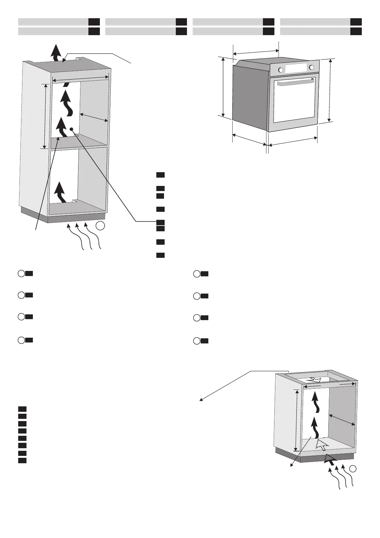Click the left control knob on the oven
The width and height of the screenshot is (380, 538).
281,70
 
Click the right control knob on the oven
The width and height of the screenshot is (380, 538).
311,67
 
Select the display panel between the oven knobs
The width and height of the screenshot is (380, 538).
296,68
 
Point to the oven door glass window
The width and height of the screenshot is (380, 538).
294,102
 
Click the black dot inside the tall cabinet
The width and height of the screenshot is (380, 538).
71,129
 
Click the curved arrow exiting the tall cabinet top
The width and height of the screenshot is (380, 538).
56,52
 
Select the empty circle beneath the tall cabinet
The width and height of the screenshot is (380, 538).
100,226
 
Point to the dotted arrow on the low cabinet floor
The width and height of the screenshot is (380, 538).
321,444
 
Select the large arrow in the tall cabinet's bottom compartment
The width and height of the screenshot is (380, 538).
60,192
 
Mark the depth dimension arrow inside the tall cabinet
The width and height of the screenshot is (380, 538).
94,117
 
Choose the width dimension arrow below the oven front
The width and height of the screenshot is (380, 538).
293,142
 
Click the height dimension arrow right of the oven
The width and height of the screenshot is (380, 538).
330,90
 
